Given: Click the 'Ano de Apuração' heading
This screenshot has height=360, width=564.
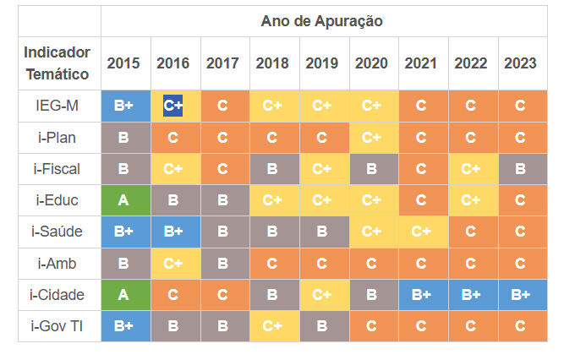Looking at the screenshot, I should coord(321,21).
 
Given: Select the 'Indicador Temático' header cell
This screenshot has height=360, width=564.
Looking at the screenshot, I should coord(57,63).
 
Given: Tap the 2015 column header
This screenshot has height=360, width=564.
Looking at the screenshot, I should coord(123,63).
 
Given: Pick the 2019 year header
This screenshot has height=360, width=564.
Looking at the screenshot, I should coord(321,63).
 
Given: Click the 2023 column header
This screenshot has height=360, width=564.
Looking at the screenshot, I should coord(520,63).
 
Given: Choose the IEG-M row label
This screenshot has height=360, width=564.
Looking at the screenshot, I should coord(57,106).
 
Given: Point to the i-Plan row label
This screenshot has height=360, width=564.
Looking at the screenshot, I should coord(57,138).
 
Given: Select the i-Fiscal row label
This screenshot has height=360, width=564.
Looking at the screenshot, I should coord(57,169).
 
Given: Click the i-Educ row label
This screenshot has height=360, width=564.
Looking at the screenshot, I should coord(57,200).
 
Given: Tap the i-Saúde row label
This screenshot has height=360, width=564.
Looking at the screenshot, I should coord(57,232).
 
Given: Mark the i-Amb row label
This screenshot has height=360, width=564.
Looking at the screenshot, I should coord(57,263).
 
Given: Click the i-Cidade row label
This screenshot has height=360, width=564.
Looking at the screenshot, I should coord(57,294).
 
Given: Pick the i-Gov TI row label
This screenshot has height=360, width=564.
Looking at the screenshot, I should coord(57,325).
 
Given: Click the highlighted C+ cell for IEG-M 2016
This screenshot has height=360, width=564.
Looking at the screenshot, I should coord(173,106).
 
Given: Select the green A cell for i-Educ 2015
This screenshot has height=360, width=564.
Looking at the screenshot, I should coord(123,200).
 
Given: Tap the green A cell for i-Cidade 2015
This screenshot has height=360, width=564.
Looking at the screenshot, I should coord(123,294).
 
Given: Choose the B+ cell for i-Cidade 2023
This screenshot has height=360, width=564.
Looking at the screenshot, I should coord(520,294).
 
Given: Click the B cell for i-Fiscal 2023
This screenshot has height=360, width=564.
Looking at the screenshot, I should coord(520,169).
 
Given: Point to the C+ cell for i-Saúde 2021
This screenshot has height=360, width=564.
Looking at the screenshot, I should coord(421,232).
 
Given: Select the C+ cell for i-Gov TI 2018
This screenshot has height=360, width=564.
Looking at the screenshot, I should coord(272,325).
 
